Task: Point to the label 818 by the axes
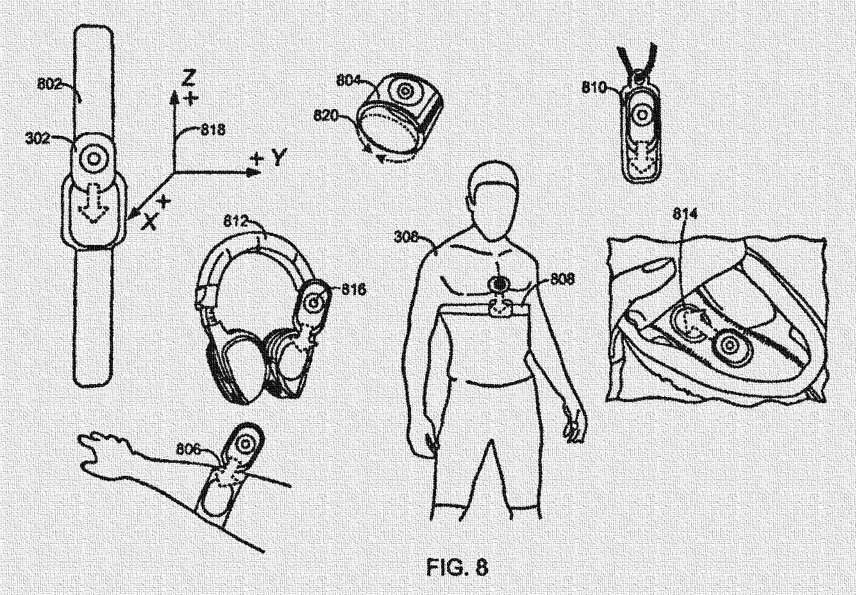coord(213,130)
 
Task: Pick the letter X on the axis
coord(149,221)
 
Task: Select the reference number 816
coord(353,290)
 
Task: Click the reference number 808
coord(562,280)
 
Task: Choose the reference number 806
coord(189,451)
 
